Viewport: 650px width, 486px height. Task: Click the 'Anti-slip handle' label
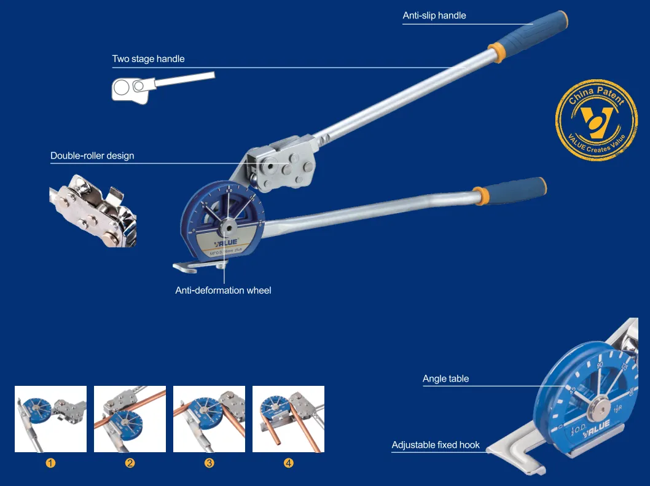[434, 15]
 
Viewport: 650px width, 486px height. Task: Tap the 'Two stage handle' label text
[148, 59]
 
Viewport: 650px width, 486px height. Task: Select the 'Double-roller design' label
[92, 155]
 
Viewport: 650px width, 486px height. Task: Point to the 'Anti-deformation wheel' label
[223, 290]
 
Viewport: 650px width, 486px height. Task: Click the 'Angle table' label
[445, 378]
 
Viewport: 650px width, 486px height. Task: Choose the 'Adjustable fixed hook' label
[436, 445]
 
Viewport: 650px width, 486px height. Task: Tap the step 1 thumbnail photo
[50, 419]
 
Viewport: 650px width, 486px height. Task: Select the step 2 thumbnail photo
[130, 419]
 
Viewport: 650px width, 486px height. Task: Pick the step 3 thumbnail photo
[209, 419]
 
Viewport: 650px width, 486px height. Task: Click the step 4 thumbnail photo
[288, 419]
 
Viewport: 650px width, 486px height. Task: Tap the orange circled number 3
[209, 463]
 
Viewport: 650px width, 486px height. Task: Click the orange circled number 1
[51, 463]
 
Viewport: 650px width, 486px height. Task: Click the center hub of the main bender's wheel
[227, 229]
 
